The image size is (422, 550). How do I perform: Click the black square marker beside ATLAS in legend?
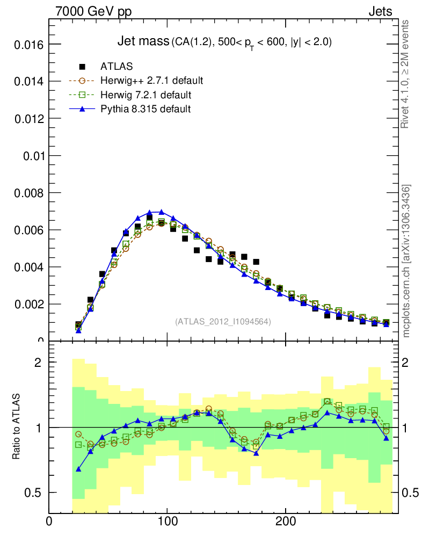pos(82,67)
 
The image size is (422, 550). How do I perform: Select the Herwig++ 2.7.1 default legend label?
pos(151,81)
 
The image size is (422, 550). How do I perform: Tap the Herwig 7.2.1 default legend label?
pos(145,95)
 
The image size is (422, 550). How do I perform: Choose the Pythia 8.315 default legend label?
pos(145,109)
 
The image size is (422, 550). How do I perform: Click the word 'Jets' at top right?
pos(380,12)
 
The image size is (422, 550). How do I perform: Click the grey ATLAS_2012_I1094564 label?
pos(223,321)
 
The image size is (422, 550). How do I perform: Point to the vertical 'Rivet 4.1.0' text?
pos(406,74)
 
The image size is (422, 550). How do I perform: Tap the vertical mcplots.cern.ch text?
pos(406,261)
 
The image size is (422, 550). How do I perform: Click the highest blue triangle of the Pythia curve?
pos(161,212)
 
